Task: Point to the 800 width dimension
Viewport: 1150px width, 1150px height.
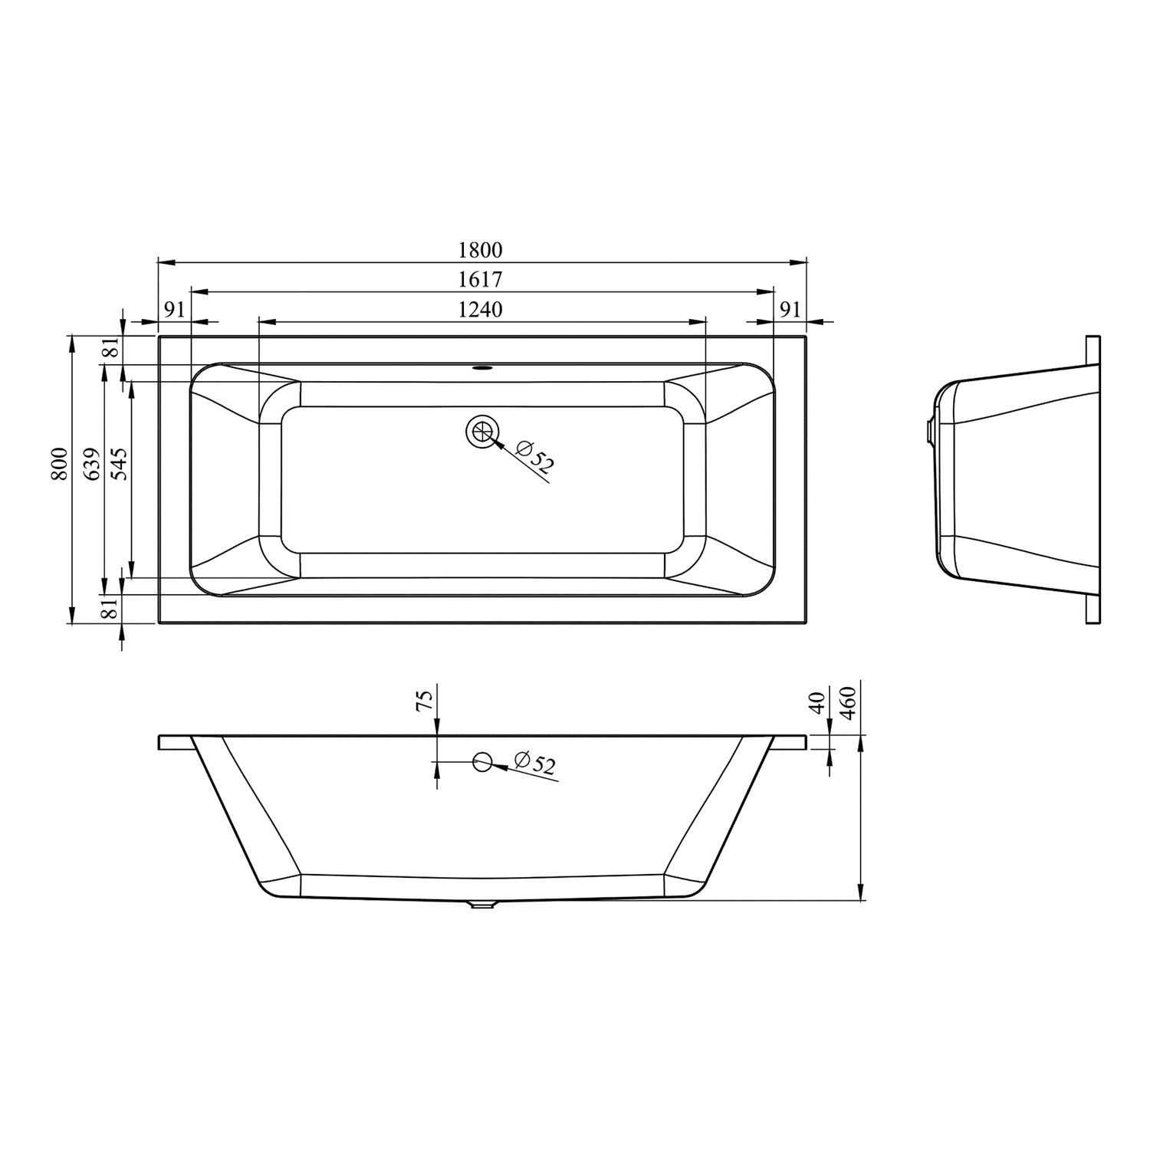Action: pyautogui.click(x=58, y=465)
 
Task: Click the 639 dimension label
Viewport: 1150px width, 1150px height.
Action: pyautogui.click(x=92, y=465)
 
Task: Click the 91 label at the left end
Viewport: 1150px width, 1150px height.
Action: pyautogui.click(x=175, y=309)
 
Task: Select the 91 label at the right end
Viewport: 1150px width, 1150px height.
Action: pyautogui.click(x=790, y=309)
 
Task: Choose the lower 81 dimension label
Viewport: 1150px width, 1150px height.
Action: pyautogui.click(x=111, y=609)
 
